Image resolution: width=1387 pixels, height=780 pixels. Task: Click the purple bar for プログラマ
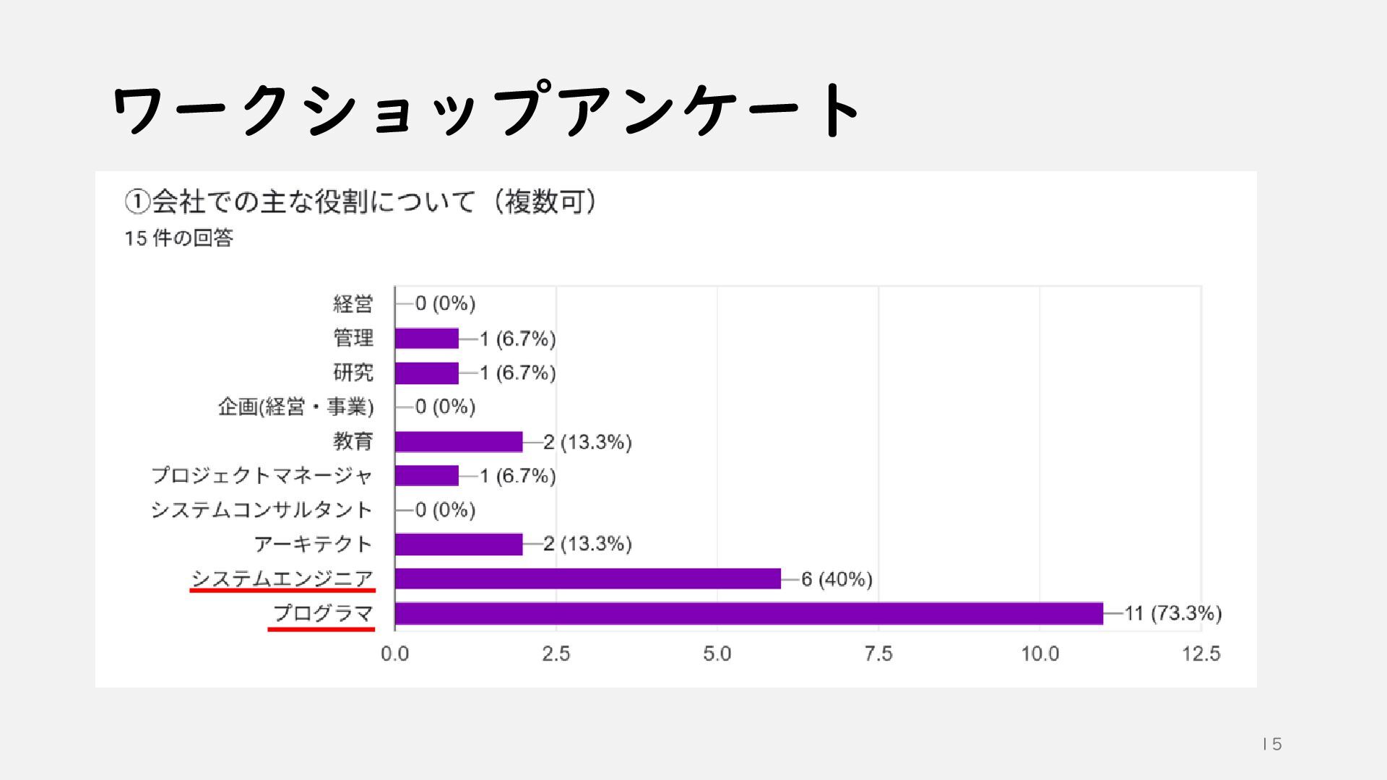[x=748, y=613]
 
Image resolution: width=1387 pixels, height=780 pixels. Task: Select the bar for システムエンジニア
[x=587, y=578]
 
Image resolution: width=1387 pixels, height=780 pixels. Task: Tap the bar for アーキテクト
[x=458, y=544]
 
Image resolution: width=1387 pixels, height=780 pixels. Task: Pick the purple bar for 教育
[x=458, y=441]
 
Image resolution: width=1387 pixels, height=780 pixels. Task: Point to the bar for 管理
[x=426, y=338]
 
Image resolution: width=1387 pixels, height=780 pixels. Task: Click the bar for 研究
[x=426, y=373]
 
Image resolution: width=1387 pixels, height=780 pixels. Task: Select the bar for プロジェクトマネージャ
[x=426, y=475]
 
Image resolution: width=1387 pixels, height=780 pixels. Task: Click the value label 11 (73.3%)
[x=1172, y=613]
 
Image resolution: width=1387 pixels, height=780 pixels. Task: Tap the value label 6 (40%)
[x=837, y=579]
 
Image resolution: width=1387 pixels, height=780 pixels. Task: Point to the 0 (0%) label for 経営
[x=445, y=303]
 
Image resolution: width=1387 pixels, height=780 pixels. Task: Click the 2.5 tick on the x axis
[x=556, y=654]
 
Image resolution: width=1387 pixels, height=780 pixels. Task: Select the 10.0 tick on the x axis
[x=1040, y=654]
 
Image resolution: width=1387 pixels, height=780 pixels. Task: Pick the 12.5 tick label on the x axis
[x=1201, y=654]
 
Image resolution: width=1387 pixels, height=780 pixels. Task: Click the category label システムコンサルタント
[x=262, y=510]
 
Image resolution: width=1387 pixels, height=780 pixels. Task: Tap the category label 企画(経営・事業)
[x=295, y=407]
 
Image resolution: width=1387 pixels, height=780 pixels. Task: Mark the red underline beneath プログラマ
[x=321, y=629]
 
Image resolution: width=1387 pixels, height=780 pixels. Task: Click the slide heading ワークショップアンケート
[x=485, y=110]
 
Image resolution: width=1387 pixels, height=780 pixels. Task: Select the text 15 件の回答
[x=178, y=238]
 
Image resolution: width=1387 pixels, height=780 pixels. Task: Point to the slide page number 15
[x=1272, y=744]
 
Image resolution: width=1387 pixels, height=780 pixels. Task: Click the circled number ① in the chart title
[x=137, y=202]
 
